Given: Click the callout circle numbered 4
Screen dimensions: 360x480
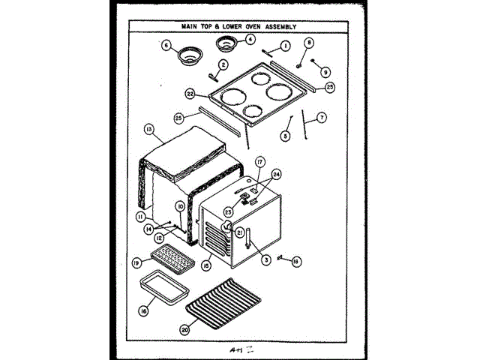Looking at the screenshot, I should click(x=250, y=39).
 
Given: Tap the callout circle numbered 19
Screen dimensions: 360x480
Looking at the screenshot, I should click(x=137, y=263).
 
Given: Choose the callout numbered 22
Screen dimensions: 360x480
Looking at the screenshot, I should click(x=190, y=94).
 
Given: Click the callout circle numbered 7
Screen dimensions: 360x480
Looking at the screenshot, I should click(x=321, y=117).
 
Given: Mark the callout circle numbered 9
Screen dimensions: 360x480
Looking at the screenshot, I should click(x=325, y=72).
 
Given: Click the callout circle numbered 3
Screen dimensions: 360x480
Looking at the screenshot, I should click(x=265, y=260).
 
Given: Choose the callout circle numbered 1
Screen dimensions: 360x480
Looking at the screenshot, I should click(x=285, y=45).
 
